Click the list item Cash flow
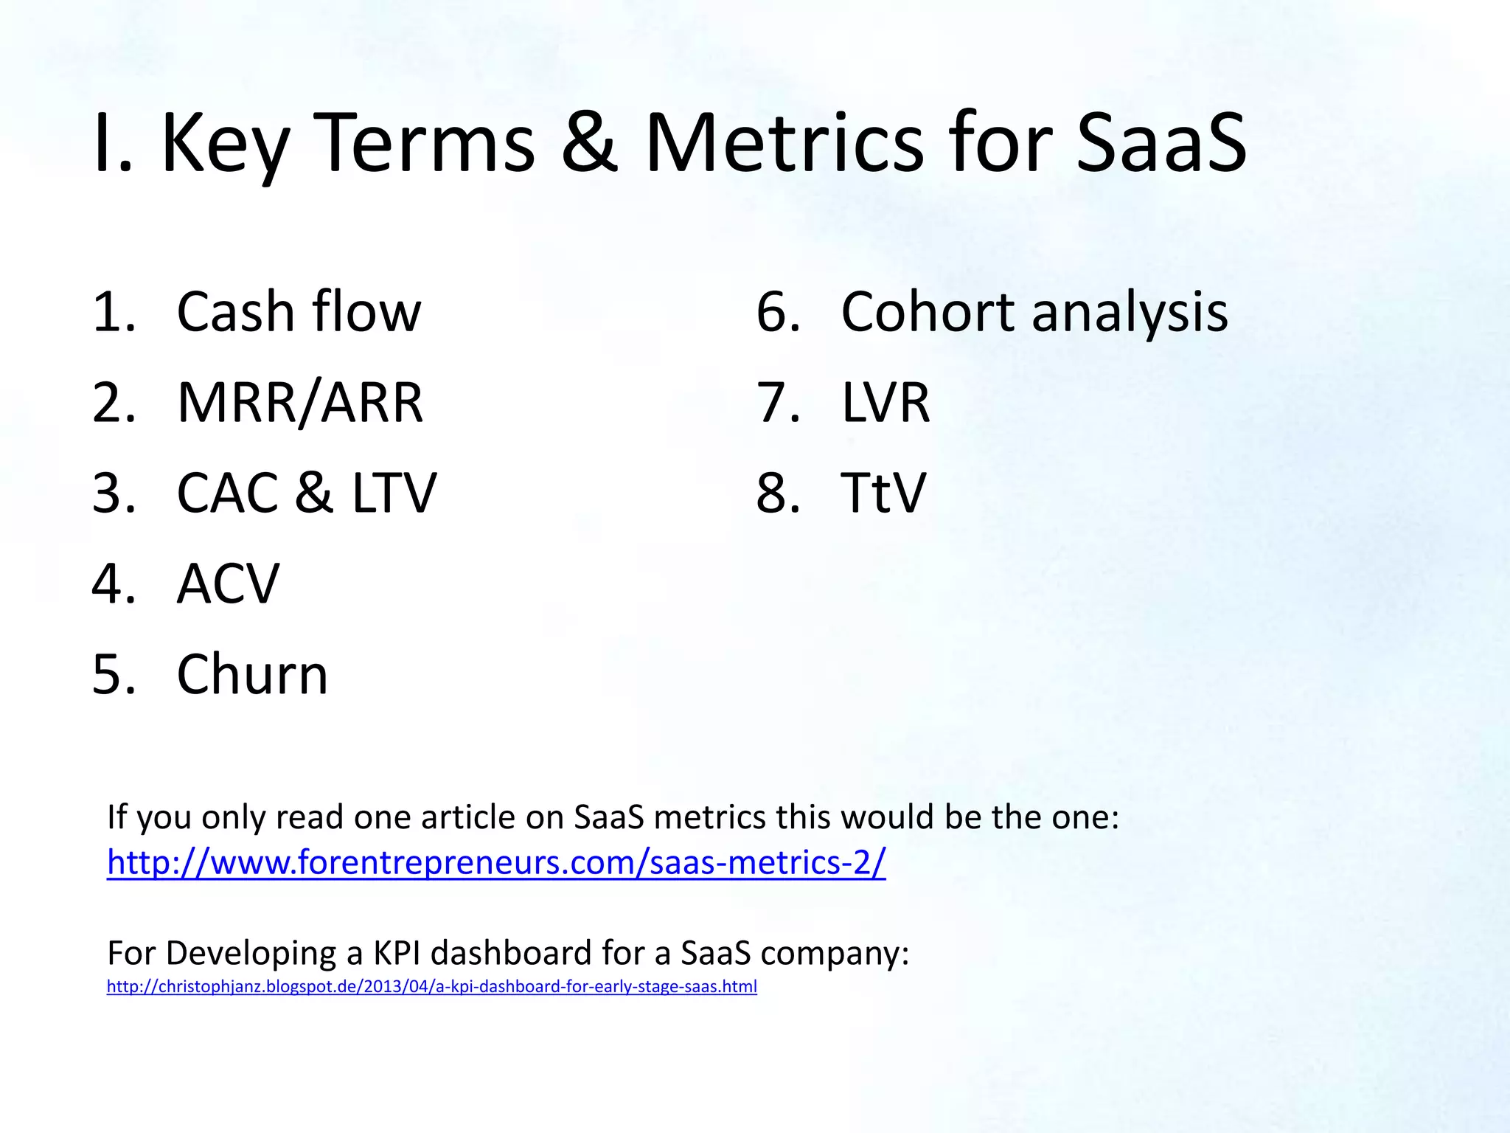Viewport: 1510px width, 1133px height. [299, 312]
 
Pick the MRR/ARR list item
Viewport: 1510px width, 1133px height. [300, 403]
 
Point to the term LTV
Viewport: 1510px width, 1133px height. [394, 493]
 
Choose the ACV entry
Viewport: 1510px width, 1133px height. [229, 583]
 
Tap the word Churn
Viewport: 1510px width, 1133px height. [252, 674]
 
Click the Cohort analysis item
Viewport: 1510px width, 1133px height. [1034, 312]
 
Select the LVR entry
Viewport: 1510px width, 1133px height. [886, 403]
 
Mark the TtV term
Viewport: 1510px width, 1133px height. [883, 493]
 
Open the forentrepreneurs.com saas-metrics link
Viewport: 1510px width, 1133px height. [496, 862]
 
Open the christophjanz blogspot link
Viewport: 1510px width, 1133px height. [431, 987]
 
